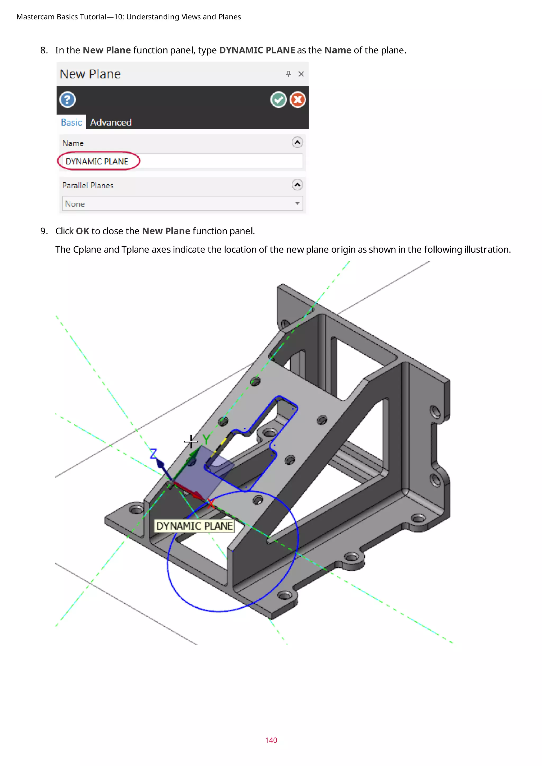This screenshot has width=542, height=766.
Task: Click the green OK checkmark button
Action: (278, 99)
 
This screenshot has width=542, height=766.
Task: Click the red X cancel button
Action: (297, 99)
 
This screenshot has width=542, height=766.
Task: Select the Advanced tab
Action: (111, 122)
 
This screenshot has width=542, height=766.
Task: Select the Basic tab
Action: (71, 122)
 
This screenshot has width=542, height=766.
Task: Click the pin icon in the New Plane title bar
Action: (288, 74)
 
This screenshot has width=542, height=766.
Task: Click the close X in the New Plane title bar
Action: (301, 74)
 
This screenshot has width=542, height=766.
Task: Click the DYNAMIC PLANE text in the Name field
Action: (97, 161)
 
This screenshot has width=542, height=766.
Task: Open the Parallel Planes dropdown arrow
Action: (297, 203)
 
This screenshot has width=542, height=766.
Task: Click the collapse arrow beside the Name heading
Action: (297, 143)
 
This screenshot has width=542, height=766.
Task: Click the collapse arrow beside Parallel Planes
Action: (297, 185)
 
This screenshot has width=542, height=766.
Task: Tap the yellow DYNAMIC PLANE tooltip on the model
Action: (194, 526)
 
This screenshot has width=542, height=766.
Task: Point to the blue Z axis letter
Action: (153, 454)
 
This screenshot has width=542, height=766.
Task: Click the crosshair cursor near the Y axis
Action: (191, 441)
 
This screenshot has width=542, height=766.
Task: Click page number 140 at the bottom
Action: (271, 740)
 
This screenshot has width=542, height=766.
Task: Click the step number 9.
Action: (44, 231)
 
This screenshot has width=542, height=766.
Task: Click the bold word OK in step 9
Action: (82, 231)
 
